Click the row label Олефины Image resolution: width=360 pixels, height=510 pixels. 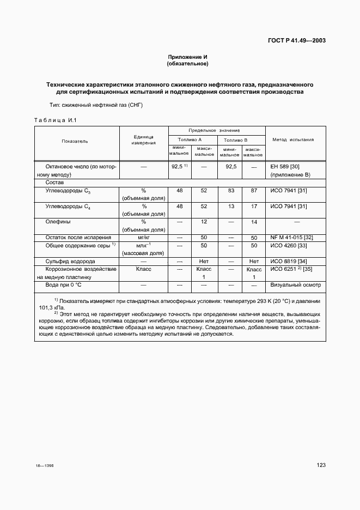click(x=58, y=222)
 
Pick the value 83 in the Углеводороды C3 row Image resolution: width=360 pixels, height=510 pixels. click(x=230, y=191)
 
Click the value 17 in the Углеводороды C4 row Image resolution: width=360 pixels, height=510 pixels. click(x=253, y=207)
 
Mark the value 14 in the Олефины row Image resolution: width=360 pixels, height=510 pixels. click(x=253, y=222)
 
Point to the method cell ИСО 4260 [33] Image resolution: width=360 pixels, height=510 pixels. click(x=289, y=246)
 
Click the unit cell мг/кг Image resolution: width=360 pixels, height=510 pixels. click(x=144, y=238)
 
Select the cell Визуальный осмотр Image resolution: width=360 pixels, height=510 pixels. click(x=296, y=285)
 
